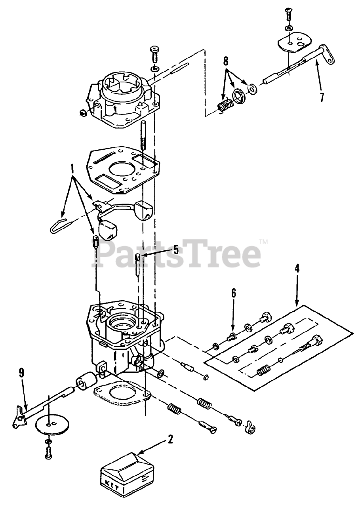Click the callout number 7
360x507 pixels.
pos(322,97)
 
